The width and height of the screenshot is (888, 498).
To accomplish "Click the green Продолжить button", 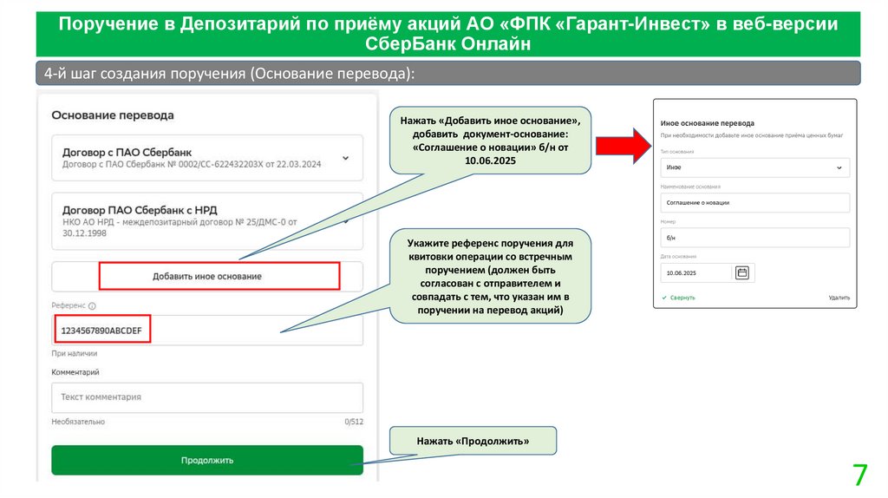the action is [206, 460].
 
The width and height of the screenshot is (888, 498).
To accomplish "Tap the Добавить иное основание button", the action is [207, 276].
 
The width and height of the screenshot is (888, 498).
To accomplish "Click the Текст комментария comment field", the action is [206, 397].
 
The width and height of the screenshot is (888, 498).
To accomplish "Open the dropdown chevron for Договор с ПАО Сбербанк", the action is [345, 158].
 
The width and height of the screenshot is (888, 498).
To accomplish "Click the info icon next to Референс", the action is [92, 305].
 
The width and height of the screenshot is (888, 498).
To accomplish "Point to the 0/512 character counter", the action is [353, 422].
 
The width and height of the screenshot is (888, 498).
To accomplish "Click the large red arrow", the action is [621, 144].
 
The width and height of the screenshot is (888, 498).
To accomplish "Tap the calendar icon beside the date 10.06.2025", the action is [742, 272].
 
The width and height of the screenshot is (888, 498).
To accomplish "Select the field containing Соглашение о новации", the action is [753, 202].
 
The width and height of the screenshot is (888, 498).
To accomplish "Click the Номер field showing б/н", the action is [753, 238].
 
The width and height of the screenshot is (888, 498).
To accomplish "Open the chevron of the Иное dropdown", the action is [839, 167].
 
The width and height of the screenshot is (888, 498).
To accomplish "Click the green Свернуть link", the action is [682, 298].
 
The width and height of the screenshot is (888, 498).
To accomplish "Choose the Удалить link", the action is [839, 298].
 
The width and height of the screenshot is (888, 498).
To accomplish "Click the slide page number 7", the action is [859, 475].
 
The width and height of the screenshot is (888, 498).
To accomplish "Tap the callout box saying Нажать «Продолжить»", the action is [473, 442].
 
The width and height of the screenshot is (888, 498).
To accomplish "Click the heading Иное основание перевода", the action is [707, 123].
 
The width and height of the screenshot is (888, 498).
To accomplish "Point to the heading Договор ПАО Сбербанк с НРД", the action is [140, 209].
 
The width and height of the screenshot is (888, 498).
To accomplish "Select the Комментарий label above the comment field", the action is [75, 372].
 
